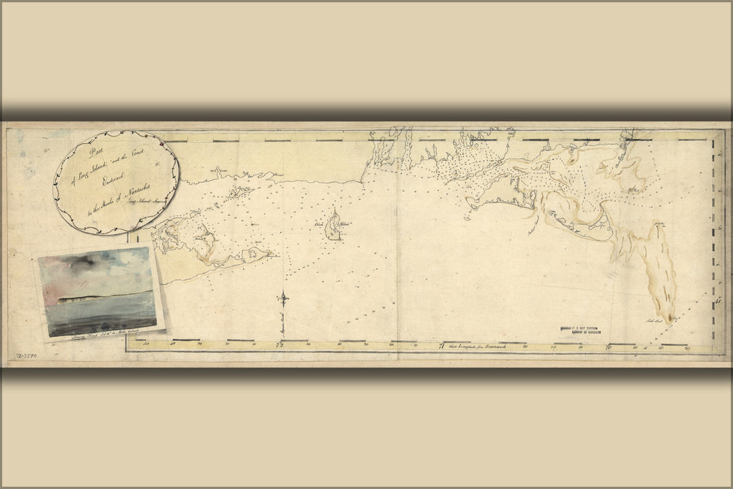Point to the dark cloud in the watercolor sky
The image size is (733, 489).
[77, 263]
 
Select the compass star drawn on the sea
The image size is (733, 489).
[284, 298]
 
